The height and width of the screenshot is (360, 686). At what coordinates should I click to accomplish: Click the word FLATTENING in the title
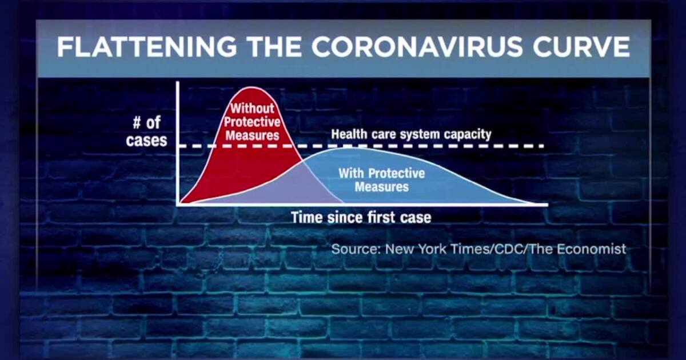pyautogui.click(x=147, y=47)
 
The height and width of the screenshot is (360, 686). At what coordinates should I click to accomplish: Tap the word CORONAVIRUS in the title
pyautogui.click(x=417, y=47)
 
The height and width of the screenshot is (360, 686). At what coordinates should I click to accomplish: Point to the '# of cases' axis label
pyautogui.click(x=147, y=131)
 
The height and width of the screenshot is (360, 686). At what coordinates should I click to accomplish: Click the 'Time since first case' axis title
pyautogui.click(x=361, y=217)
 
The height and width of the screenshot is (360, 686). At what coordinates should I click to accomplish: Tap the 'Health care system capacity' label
pyautogui.click(x=411, y=134)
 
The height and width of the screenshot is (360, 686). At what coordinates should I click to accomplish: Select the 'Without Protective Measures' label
pyautogui.click(x=252, y=122)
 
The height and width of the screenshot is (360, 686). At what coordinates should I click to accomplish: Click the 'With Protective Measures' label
pyautogui.click(x=382, y=180)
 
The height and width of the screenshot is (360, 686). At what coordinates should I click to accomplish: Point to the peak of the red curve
pyautogui.click(x=252, y=87)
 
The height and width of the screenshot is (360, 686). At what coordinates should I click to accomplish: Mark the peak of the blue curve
pyautogui.click(x=346, y=148)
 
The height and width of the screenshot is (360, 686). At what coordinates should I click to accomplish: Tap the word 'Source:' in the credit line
pyautogui.click(x=356, y=249)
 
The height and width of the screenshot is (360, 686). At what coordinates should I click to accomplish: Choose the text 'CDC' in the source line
pyautogui.click(x=509, y=249)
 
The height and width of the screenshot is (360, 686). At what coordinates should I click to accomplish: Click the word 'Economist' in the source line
pyautogui.click(x=591, y=249)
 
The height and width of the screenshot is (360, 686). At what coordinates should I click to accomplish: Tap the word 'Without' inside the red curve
pyautogui.click(x=252, y=109)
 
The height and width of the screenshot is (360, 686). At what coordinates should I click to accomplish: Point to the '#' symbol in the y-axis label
pyautogui.click(x=137, y=123)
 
